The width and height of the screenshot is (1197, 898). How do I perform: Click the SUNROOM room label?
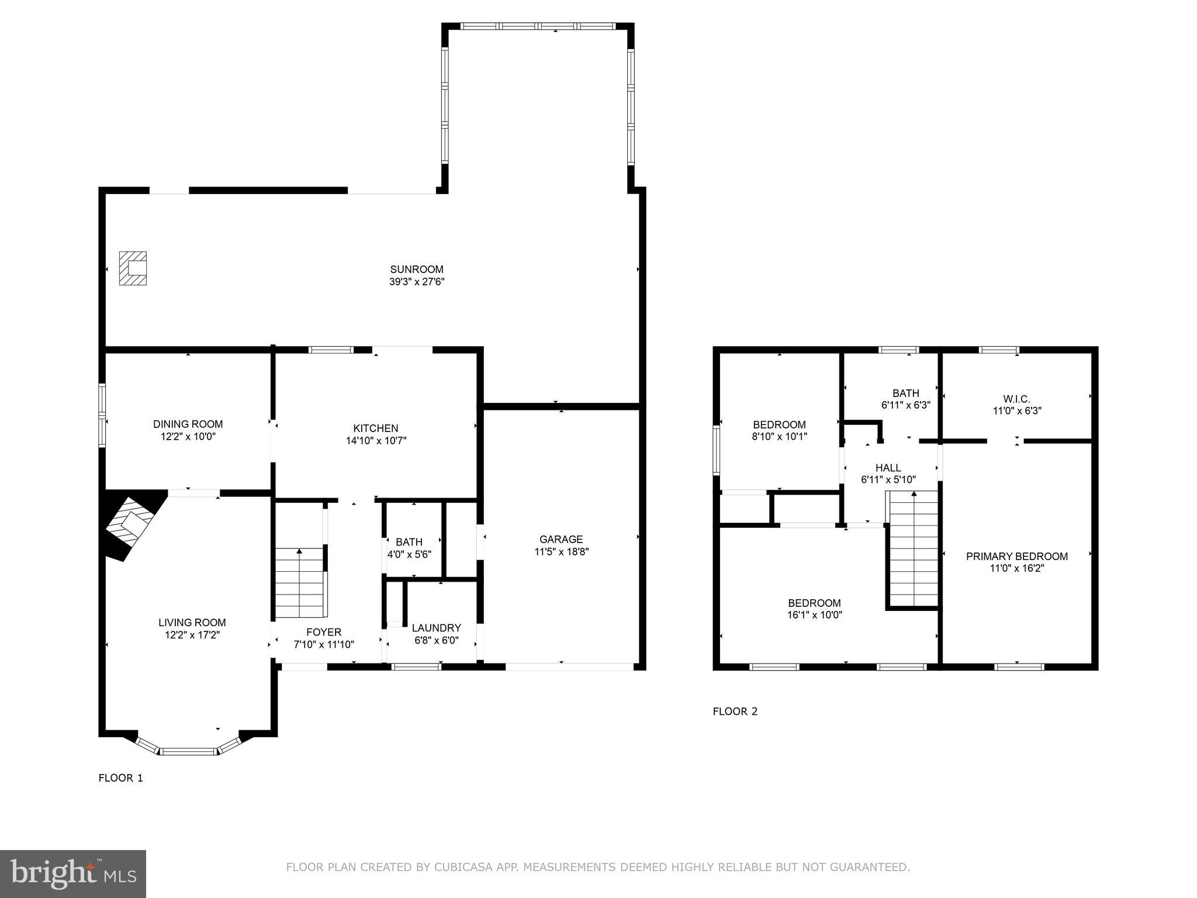click(x=417, y=270)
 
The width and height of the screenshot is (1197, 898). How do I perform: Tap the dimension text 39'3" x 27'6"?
click(x=417, y=282)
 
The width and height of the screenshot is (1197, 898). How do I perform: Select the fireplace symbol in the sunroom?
click(x=133, y=268)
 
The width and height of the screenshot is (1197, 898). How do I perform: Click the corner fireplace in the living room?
click(x=130, y=524)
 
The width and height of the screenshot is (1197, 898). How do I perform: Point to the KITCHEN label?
click(x=376, y=429)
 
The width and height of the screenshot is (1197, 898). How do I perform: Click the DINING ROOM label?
click(x=188, y=424)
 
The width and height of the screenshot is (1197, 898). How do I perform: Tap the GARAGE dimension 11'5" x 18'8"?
click(x=561, y=551)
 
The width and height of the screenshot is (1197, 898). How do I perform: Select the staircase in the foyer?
click(x=299, y=583)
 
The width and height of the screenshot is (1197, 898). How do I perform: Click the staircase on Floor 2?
click(x=914, y=550)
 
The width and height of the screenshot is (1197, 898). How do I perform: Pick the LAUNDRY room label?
click(x=436, y=628)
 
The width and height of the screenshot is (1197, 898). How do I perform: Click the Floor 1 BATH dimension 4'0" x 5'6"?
click(x=409, y=554)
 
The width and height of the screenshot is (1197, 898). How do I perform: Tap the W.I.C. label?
click(x=1016, y=399)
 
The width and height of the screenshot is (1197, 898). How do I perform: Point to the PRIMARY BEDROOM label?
click(x=1016, y=557)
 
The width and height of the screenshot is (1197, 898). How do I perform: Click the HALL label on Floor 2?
click(x=888, y=468)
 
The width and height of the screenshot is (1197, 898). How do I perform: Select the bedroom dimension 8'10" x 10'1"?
click(x=779, y=436)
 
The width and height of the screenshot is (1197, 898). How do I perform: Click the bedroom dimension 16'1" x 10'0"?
click(x=814, y=615)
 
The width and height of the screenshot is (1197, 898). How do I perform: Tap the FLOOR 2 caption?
click(x=735, y=712)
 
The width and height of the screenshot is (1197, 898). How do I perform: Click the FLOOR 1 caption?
click(x=120, y=778)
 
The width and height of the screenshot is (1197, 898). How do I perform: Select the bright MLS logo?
click(x=73, y=874)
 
